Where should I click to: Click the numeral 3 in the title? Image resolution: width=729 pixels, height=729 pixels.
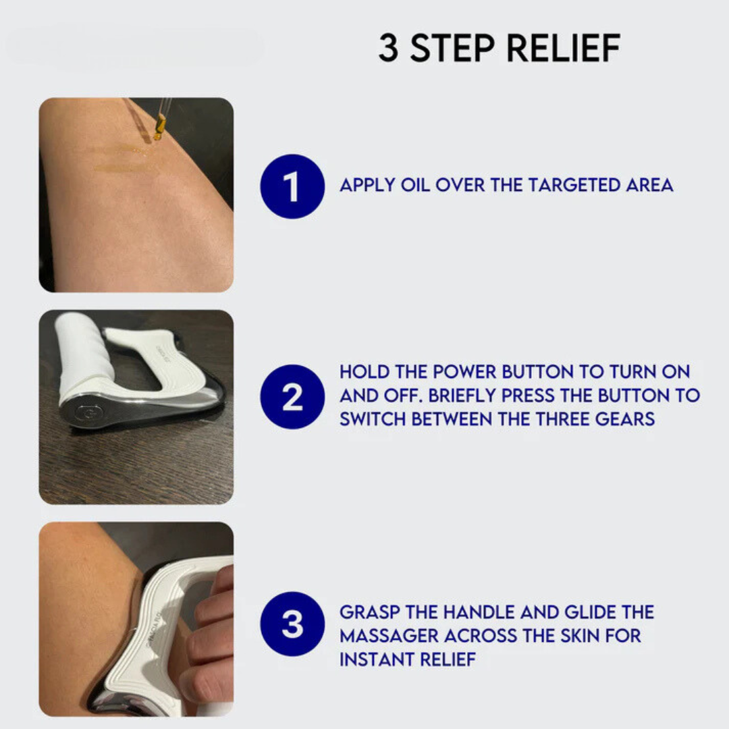click(388, 49)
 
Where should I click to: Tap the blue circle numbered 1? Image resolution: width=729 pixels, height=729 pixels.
click(292, 186)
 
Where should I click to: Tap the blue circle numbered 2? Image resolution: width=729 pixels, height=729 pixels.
click(292, 397)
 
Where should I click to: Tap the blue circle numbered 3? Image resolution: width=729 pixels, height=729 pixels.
click(292, 624)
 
